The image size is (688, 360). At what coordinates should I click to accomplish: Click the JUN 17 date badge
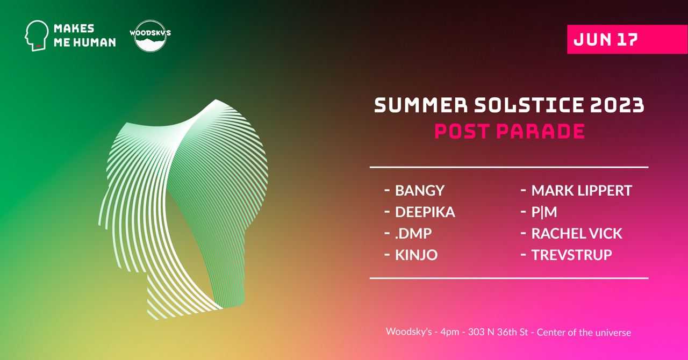(x=627, y=39)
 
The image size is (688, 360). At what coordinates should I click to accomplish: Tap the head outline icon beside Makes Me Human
(x=36, y=35)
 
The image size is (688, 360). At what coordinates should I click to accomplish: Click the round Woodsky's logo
(x=150, y=36)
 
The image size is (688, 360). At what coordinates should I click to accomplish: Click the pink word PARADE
(x=541, y=131)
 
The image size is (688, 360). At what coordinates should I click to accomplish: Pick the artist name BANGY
(x=420, y=190)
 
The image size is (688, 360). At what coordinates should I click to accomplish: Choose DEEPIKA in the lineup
(x=425, y=212)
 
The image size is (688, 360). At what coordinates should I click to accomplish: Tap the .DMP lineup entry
(x=413, y=233)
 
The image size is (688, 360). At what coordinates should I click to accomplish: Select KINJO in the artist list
(x=416, y=255)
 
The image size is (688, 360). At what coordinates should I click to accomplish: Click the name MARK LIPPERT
(x=582, y=190)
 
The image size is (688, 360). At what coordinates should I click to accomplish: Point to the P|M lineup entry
(x=544, y=212)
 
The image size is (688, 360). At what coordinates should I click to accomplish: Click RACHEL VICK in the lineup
(x=577, y=233)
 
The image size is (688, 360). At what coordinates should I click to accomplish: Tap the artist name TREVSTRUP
(x=571, y=255)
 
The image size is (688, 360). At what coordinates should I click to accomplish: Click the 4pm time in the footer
(x=450, y=332)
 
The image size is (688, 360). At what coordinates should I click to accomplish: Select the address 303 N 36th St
(x=498, y=332)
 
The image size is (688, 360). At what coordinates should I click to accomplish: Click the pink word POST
(x=462, y=131)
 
